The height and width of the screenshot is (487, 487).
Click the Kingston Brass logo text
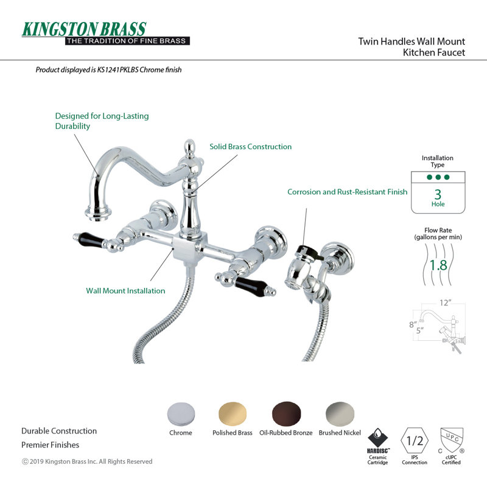[x=84, y=29]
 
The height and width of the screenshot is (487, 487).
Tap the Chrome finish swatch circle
[x=181, y=415]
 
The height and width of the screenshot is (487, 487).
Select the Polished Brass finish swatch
[x=233, y=415]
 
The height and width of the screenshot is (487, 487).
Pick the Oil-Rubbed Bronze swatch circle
[x=286, y=415]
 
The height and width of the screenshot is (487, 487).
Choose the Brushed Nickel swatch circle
[x=340, y=415]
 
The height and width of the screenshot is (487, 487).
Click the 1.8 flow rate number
[x=438, y=265]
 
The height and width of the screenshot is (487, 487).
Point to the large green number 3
[x=438, y=194]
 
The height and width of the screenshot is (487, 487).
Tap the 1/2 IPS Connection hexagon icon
[x=415, y=441]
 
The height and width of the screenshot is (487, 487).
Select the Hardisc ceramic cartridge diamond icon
[x=377, y=438]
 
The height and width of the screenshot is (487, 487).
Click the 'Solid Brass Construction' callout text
[x=251, y=147]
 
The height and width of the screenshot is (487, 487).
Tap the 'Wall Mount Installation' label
[x=125, y=291]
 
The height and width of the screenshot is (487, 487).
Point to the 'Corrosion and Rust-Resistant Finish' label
[x=347, y=192]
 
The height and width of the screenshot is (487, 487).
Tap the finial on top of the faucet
[x=190, y=148]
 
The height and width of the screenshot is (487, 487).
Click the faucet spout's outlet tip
[x=98, y=215]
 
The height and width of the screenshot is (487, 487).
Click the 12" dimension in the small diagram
[x=445, y=303]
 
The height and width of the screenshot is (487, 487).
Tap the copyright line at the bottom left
[x=87, y=461]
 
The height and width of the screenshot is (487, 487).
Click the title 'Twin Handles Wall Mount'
[x=412, y=41]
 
